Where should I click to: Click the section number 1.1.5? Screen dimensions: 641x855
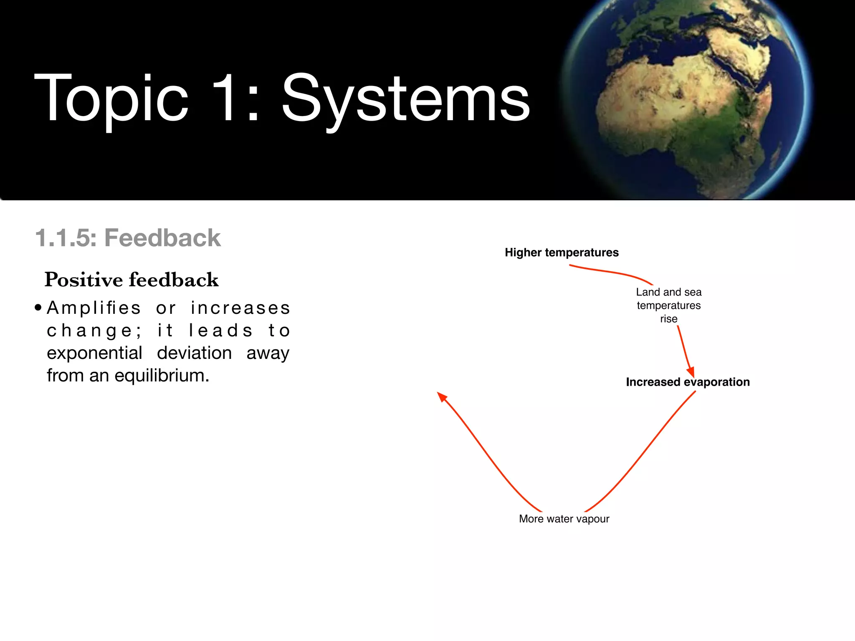coord(66,238)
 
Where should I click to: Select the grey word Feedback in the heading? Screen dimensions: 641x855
coord(162,238)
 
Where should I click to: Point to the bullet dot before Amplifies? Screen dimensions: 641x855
coord(38,308)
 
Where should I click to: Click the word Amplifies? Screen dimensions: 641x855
coord(94,308)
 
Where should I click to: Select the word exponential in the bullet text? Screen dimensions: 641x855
coord(94,353)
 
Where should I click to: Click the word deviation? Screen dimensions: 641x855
coord(194,353)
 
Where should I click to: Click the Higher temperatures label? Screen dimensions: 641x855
coord(562,252)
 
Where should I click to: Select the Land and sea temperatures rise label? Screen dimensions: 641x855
coord(668,305)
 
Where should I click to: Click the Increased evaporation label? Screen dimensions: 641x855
coord(688,382)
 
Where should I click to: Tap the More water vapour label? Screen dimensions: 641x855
coord(564,519)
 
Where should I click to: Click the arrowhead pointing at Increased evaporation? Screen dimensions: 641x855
coord(691,372)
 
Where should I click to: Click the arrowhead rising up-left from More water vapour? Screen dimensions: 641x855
coord(442,396)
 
